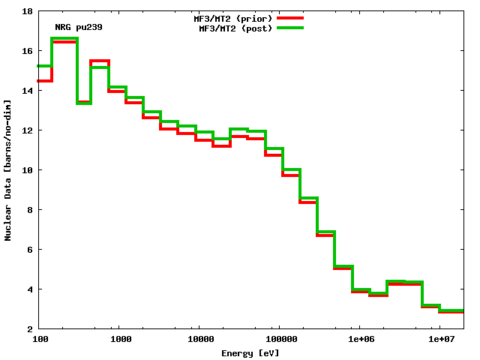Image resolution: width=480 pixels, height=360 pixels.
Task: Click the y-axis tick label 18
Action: coord(26,11)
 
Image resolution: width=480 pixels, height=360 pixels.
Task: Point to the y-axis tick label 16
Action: coord(26,51)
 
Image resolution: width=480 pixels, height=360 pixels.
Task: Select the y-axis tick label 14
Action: coord(26,91)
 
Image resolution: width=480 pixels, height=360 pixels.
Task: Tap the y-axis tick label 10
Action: coord(26,170)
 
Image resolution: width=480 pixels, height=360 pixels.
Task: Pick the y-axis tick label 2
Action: coord(28,329)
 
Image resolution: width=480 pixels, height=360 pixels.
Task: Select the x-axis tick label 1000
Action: coord(121,340)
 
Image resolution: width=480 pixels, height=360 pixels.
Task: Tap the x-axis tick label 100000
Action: coord(279,340)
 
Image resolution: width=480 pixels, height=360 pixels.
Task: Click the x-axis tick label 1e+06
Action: coord(360,340)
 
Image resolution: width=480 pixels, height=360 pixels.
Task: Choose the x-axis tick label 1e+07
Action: coord(440,340)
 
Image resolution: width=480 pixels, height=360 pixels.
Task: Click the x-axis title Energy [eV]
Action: coord(250,352)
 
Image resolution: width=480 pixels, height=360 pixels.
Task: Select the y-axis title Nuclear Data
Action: coord(8,170)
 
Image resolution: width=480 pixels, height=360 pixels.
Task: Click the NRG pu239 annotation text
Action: coord(79,27)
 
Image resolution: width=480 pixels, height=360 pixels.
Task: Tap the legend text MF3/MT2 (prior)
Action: coord(233,17)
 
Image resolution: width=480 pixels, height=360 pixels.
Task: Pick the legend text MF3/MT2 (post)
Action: coord(235,28)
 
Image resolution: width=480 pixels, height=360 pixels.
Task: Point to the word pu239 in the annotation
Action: coord(88,27)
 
